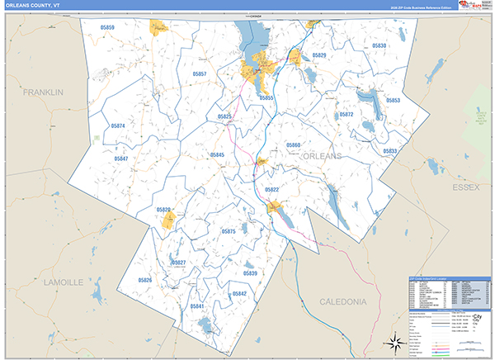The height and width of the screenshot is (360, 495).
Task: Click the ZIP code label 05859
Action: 107,28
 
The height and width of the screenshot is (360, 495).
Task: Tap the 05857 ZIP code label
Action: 199,74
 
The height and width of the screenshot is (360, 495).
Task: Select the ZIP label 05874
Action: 118,126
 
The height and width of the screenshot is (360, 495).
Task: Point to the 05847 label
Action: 121,158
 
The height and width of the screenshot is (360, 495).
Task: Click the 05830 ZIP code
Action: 379,46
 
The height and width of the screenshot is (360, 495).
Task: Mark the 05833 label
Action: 390,151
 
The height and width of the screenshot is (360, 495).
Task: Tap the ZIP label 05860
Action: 293,145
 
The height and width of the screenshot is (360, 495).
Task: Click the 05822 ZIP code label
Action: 272,190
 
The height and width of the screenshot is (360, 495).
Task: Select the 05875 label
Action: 229,231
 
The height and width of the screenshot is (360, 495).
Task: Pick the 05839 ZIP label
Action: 251,273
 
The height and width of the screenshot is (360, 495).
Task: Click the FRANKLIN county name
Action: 43,92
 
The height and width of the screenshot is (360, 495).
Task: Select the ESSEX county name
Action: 465,188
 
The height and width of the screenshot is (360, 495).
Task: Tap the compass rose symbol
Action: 394,341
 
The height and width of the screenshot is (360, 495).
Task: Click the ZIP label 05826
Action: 145,281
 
